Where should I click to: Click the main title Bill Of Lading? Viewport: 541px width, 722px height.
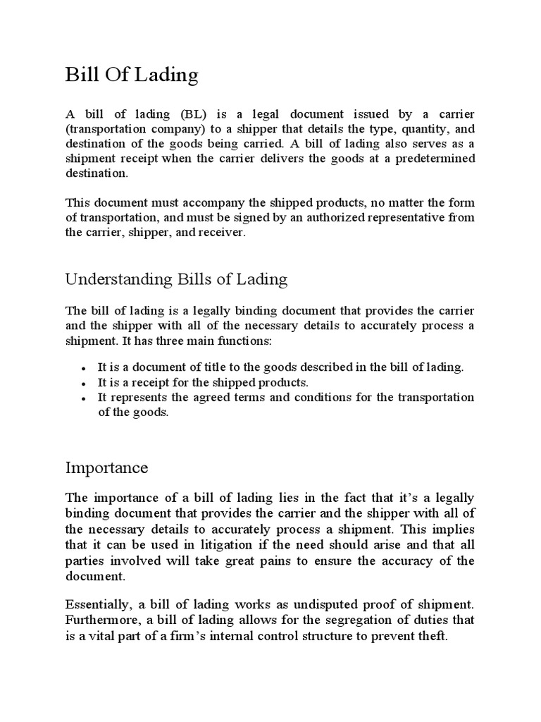tap(132, 75)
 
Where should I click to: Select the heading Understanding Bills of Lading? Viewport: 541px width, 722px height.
tap(176, 279)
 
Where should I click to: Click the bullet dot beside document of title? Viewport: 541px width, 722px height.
tap(84, 369)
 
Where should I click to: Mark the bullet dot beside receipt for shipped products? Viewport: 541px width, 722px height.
tap(84, 384)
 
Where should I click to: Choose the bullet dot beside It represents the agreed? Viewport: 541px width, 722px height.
tap(84, 398)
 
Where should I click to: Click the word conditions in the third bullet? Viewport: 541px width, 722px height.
tap(325, 398)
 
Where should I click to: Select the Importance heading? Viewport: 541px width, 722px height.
tap(106, 467)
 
